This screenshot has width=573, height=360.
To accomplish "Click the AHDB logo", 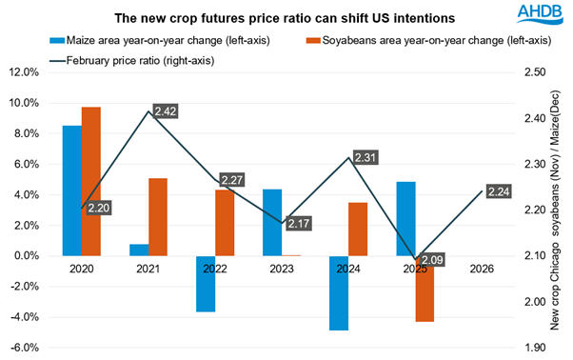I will (537, 14).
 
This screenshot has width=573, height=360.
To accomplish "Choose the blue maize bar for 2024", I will (339, 293).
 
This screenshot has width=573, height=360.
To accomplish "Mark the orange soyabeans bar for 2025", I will (425, 289).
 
